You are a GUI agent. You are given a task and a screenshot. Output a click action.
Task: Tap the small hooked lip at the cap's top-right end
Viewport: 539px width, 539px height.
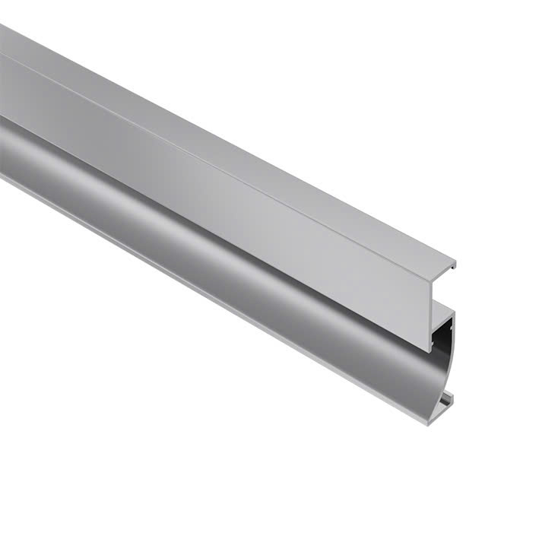click(x=454, y=267)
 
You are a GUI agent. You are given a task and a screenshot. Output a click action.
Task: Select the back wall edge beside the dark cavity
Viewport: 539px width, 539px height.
click(x=453, y=334)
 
